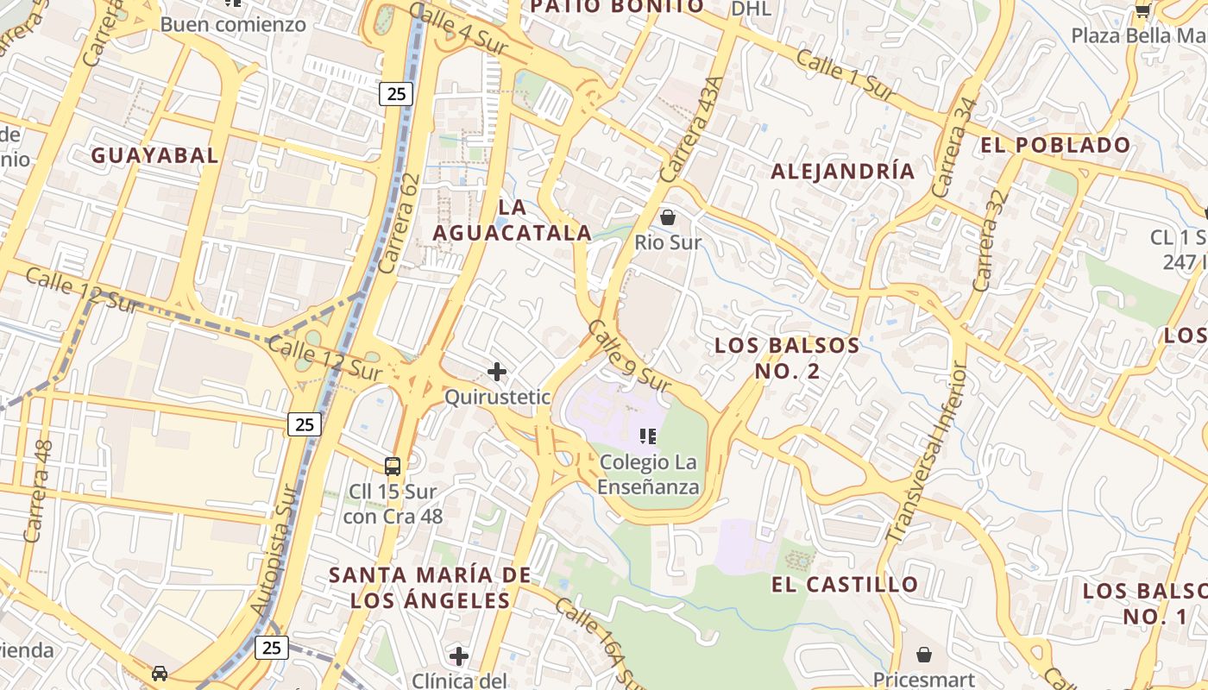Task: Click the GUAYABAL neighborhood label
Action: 154,155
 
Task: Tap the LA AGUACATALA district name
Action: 513,220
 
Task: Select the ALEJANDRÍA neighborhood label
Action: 842,171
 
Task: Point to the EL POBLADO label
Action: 1054,145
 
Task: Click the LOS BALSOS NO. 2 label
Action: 787,359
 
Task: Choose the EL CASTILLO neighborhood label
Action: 845,584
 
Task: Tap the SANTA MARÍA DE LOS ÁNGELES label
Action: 430,586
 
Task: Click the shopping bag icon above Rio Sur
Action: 667,216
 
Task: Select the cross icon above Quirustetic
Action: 497,372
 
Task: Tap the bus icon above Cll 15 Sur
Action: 393,467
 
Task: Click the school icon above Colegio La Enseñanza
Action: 648,436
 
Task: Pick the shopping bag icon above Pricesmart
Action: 924,655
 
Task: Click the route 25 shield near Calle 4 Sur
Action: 395,94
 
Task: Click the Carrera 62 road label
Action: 400,224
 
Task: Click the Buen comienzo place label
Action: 233,24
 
